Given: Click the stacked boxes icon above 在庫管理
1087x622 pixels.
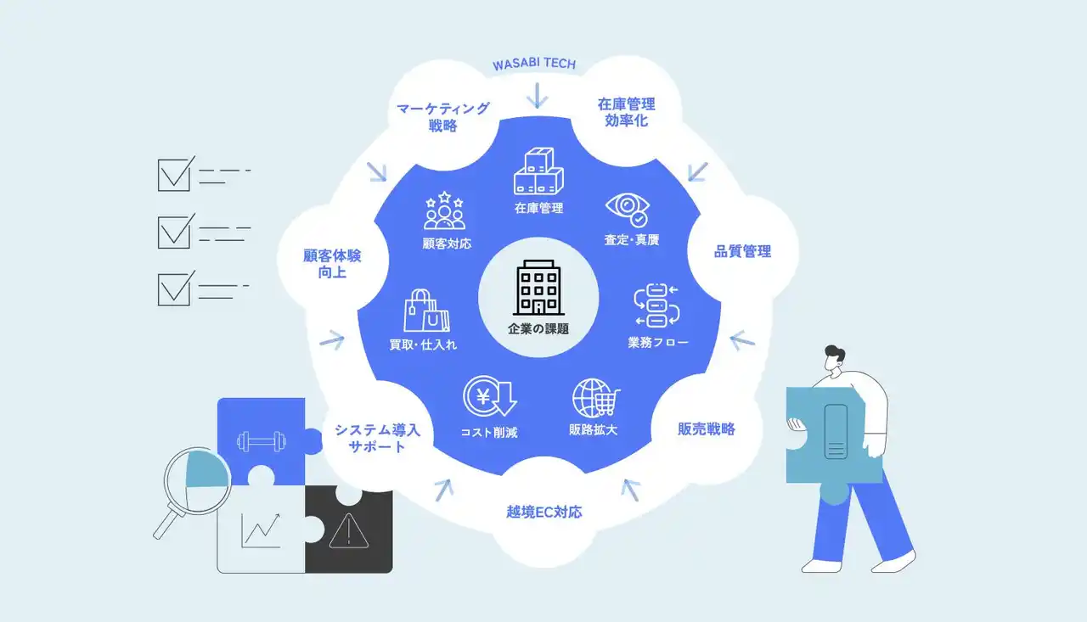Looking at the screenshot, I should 538,171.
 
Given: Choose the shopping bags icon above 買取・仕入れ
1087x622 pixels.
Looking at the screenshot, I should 427,310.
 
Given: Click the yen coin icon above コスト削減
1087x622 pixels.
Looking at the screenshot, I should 488,397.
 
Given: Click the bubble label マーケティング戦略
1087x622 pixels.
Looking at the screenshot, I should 442,117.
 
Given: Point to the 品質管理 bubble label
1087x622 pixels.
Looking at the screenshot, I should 743,251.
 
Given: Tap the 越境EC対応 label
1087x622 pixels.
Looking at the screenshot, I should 543,512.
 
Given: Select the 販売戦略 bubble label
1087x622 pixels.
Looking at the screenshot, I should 707,429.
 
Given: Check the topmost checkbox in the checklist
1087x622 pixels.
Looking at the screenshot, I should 175,174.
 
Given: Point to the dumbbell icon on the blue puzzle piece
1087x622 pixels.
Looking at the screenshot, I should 258,441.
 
